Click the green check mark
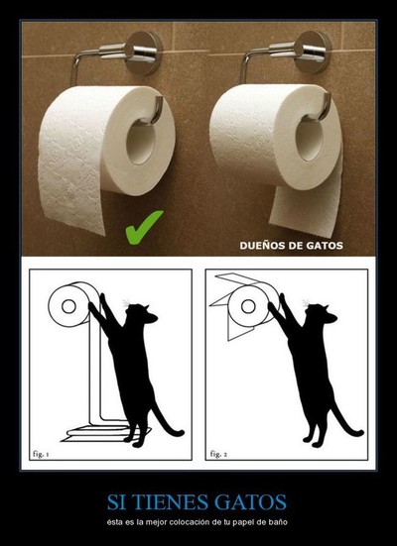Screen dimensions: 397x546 [x=142, y=228]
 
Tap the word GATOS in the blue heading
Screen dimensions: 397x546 [x=250, y=502]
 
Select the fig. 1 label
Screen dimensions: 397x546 [x=41, y=454]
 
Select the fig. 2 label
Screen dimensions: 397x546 [x=218, y=454]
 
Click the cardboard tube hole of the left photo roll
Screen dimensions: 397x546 [x=141, y=143]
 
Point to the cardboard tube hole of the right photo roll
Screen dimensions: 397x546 [x=310, y=140]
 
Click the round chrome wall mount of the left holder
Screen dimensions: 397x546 [x=144, y=53]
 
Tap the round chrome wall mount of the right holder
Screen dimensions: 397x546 [x=313, y=52]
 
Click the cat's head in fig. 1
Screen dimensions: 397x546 [x=142, y=313]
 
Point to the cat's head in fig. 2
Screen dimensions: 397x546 [x=322, y=313]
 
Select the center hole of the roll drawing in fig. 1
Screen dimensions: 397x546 [x=68, y=306]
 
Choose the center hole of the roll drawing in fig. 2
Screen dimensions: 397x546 [x=248, y=306]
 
